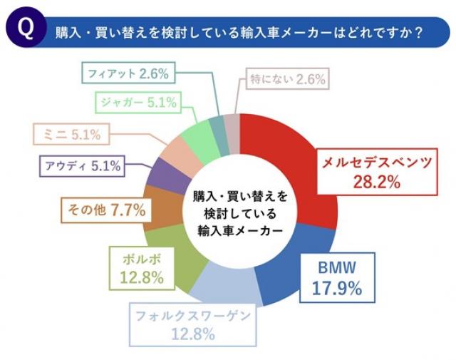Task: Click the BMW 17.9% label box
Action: coord(337,279)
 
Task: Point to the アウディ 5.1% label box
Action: coord(82,166)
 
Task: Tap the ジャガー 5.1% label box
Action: coord(136,103)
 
